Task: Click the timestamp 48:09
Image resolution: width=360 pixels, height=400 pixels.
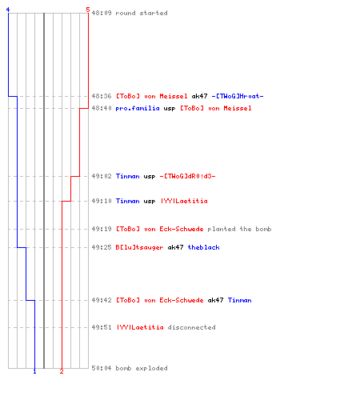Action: (102, 13)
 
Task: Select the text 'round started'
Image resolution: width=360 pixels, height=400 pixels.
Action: (142, 13)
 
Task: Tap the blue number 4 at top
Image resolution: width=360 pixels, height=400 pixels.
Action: (8, 10)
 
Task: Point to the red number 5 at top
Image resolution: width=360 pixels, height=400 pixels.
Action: (88, 10)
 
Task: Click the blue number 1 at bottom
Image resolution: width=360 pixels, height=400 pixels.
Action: (34, 371)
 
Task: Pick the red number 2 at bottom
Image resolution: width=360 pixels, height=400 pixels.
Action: (62, 371)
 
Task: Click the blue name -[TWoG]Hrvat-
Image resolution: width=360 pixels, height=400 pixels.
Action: (238, 96)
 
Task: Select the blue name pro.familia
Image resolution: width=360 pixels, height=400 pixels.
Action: (138, 108)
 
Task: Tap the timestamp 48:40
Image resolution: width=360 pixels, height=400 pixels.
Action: (102, 108)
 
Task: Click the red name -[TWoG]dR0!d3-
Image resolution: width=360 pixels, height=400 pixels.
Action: (187, 176)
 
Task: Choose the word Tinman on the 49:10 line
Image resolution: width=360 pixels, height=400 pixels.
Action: (127, 201)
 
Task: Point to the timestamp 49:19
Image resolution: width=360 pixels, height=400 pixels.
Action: (102, 229)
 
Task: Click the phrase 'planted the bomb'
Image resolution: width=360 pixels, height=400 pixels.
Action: (239, 229)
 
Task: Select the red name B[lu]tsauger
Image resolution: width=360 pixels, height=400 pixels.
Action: (139, 247)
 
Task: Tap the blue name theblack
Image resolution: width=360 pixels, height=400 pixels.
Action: (203, 247)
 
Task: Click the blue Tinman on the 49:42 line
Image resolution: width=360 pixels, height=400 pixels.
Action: (239, 300)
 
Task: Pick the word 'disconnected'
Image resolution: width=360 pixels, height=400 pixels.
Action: (191, 327)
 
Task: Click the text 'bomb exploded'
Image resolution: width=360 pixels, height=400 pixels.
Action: (142, 368)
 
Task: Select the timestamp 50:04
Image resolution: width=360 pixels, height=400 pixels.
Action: (102, 368)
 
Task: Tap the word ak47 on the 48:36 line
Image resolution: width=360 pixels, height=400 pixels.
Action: (199, 96)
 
